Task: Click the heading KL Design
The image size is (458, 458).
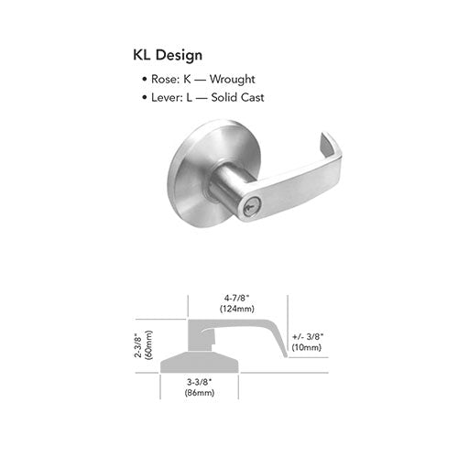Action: coord(168,55)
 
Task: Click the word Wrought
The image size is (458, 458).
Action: coord(232,80)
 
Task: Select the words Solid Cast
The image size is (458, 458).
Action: coord(237,97)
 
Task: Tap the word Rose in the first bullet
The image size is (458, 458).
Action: coord(163,80)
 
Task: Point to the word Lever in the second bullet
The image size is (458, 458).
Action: coord(165,98)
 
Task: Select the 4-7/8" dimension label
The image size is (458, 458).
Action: coord(237,298)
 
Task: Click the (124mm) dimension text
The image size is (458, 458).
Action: coord(237,309)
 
